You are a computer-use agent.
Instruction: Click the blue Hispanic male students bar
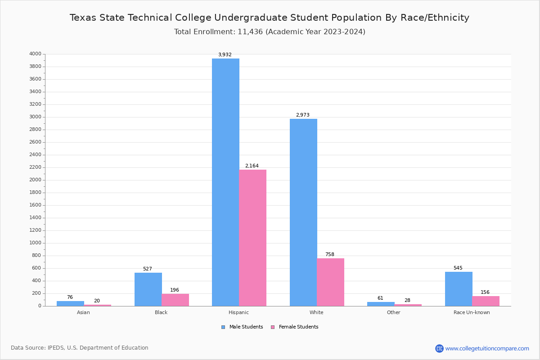coord(225,182)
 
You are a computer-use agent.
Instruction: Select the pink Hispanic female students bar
coord(252,238)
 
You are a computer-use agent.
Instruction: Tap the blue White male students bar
coord(303,212)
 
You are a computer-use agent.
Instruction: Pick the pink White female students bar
coord(330,282)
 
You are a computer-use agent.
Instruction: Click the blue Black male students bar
coord(148,289)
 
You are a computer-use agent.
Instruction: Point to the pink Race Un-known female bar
coord(486,301)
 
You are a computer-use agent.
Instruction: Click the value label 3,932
coord(225,55)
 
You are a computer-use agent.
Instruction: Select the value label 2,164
coord(252,166)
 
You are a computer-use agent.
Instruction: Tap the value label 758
coord(330,255)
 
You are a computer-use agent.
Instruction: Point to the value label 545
coord(458,268)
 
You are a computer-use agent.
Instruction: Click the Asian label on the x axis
coord(83,313)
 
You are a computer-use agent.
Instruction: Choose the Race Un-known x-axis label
coord(472,313)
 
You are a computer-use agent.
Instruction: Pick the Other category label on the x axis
coord(393,313)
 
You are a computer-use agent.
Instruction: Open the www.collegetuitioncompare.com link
coord(487,348)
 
